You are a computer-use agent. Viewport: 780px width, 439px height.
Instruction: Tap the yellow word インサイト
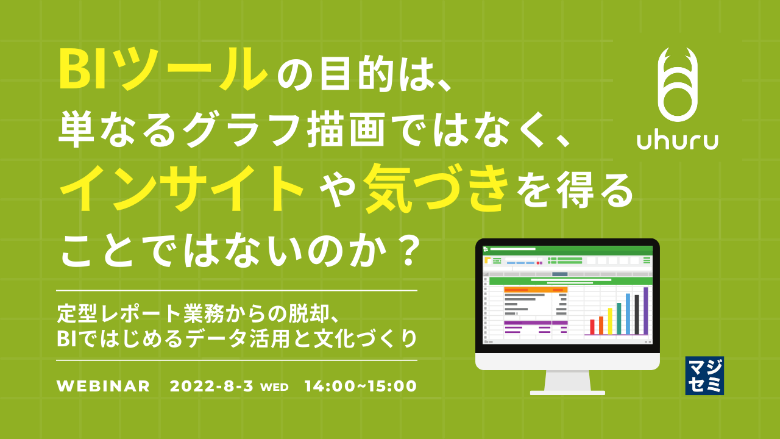coord(182,187)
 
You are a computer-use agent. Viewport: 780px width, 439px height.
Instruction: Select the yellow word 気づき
coord(435,187)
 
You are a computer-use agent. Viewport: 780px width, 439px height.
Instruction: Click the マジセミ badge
coord(704,375)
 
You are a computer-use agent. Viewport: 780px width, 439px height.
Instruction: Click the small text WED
coord(274,387)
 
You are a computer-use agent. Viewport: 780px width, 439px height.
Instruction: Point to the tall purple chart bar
coord(646,310)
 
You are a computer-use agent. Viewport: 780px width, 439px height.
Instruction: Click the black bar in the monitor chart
coord(637,315)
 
